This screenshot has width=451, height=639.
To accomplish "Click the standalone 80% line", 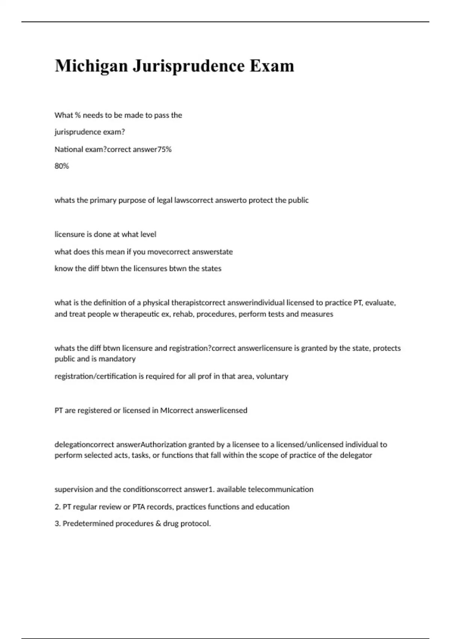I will pos(62,166).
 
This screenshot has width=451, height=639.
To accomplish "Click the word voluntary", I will pos(272,376).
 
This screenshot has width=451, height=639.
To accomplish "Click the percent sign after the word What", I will pos(78,115).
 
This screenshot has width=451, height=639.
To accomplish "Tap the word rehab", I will pos(182,314).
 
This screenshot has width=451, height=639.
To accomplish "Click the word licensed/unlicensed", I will pos(310,445).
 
